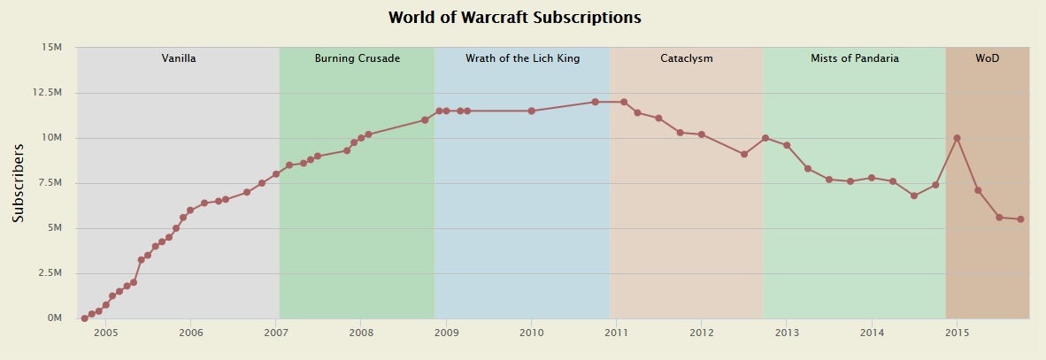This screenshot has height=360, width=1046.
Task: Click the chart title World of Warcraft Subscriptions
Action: (514, 18)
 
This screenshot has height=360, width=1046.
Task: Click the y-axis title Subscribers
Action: (18, 182)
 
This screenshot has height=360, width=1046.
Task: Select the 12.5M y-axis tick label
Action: (46, 92)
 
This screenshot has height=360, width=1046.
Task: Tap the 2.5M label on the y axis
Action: (49, 273)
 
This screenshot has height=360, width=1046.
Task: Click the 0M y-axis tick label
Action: (54, 318)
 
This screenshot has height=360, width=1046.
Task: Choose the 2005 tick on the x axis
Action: (105, 333)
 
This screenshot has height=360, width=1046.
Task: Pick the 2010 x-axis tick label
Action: (531, 333)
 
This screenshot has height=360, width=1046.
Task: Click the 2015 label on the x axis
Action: (957, 333)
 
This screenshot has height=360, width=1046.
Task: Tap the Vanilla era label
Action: (179, 58)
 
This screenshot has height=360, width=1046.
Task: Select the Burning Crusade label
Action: (358, 58)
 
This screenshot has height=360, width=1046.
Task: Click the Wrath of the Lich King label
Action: (522, 58)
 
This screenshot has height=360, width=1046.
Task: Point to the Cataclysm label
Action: (687, 58)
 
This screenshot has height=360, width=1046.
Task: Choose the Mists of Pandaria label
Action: (855, 58)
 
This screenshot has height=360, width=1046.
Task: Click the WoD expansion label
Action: (988, 58)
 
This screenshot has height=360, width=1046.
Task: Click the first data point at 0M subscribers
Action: (84, 318)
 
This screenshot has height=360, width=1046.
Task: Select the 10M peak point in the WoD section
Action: (958, 138)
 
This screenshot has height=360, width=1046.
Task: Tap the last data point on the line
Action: (1020, 219)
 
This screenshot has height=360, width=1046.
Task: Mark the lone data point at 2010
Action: (531, 111)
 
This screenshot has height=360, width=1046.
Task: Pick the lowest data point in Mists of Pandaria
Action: (914, 195)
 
